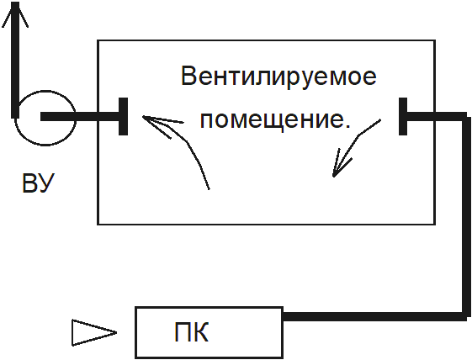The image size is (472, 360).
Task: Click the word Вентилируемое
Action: coord(278,77)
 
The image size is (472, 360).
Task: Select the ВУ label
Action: coord(38,183)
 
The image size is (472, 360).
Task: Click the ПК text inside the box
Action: coord(191,332)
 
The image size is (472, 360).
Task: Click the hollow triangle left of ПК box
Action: coord(94,332)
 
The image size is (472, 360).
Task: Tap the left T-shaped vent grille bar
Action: coord(123,116)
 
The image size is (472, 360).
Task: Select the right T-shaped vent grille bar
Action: coord(403,116)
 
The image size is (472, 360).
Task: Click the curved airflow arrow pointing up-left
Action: coord(188,141)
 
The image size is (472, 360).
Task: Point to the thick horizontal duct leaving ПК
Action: coord(374,316)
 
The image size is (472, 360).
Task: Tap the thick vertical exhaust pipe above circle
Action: coord(15,61)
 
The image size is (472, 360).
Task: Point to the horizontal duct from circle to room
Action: coord(80,116)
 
